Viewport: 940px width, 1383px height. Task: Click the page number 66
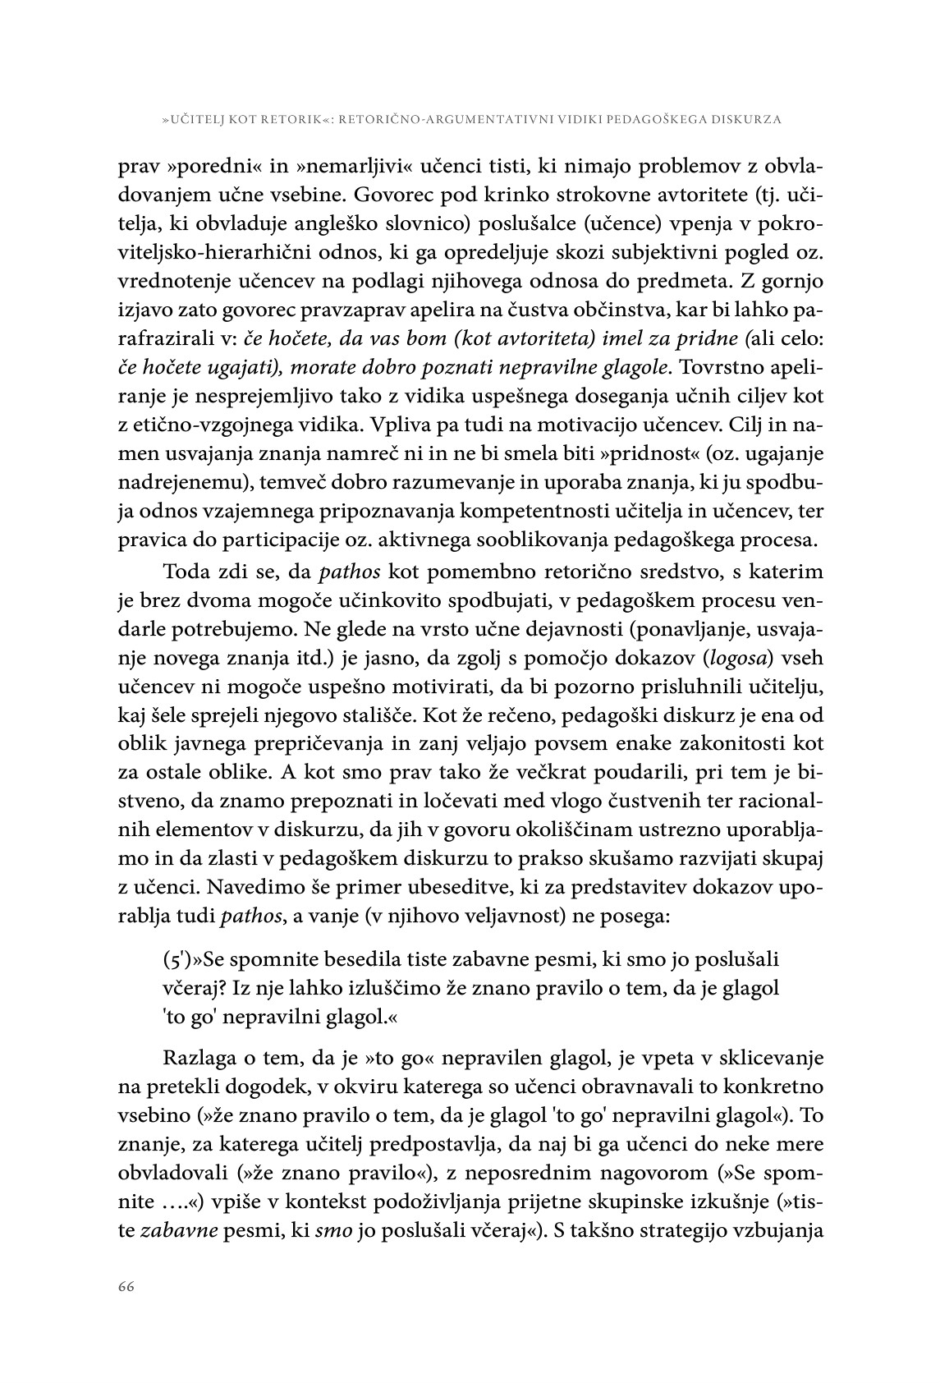click(x=125, y=1287)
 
